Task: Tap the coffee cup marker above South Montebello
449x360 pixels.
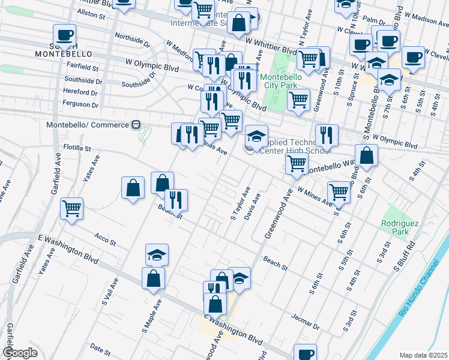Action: coord(65,35)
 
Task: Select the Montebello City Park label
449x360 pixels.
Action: coord(283,81)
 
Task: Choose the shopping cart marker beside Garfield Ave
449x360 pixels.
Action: coord(72,209)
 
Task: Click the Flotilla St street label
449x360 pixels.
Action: coord(77,147)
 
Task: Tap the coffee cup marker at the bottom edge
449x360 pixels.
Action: coord(306,353)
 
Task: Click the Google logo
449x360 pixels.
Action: coord(20,352)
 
